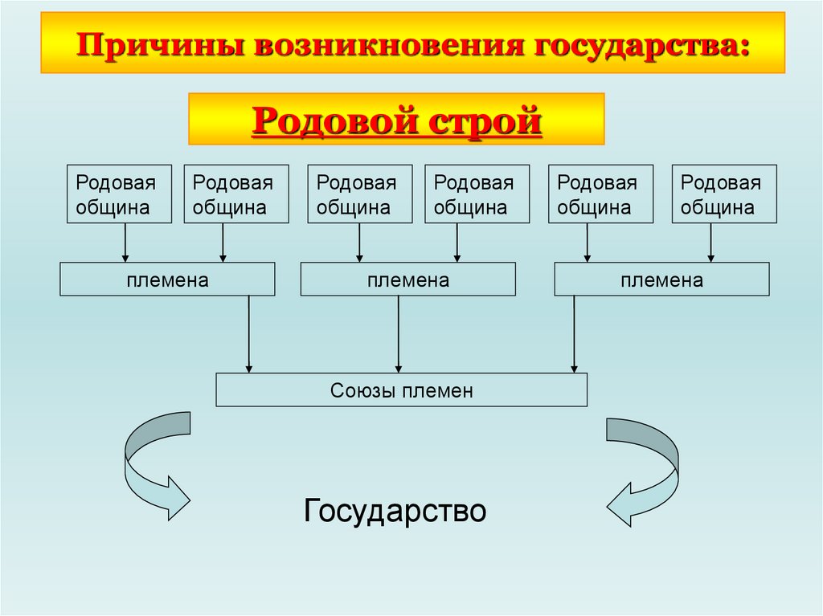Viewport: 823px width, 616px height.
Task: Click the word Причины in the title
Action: (159, 43)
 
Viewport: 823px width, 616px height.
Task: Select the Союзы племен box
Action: (401, 390)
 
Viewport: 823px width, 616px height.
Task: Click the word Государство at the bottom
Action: (395, 511)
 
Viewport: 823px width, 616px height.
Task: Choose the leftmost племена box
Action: (167, 279)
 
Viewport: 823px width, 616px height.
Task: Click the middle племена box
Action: (407, 279)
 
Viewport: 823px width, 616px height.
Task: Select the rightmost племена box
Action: (661, 279)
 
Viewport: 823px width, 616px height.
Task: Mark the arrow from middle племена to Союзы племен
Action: (398, 334)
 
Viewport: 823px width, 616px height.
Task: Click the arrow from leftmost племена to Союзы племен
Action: (249, 334)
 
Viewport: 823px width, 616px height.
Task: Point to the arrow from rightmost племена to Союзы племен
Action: (573, 334)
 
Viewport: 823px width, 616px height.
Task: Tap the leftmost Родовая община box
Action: (120, 194)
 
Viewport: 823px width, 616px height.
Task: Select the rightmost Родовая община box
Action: (724, 194)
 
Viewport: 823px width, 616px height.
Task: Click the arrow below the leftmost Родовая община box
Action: (125, 243)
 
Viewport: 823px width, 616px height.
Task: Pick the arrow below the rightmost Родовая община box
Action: (710, 243)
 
